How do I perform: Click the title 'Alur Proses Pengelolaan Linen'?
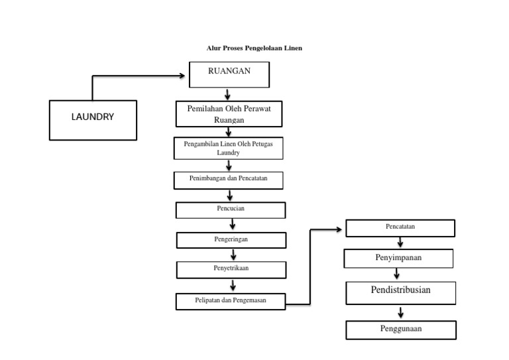[254, 48]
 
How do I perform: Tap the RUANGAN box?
[229, 74]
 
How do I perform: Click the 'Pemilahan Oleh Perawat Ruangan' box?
[229, 114]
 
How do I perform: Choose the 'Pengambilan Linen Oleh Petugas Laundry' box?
[228, 148]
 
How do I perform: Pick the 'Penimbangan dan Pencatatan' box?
[229, 180]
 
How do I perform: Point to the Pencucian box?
[230, 210]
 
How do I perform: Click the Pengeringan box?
[230, 239]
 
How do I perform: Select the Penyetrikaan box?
[230, 269]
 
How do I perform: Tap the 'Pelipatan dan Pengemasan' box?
[230, 302]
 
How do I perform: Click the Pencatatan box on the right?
[400, 228]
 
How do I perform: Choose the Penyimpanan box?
[398, 258]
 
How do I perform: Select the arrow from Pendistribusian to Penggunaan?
[400, 312]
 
